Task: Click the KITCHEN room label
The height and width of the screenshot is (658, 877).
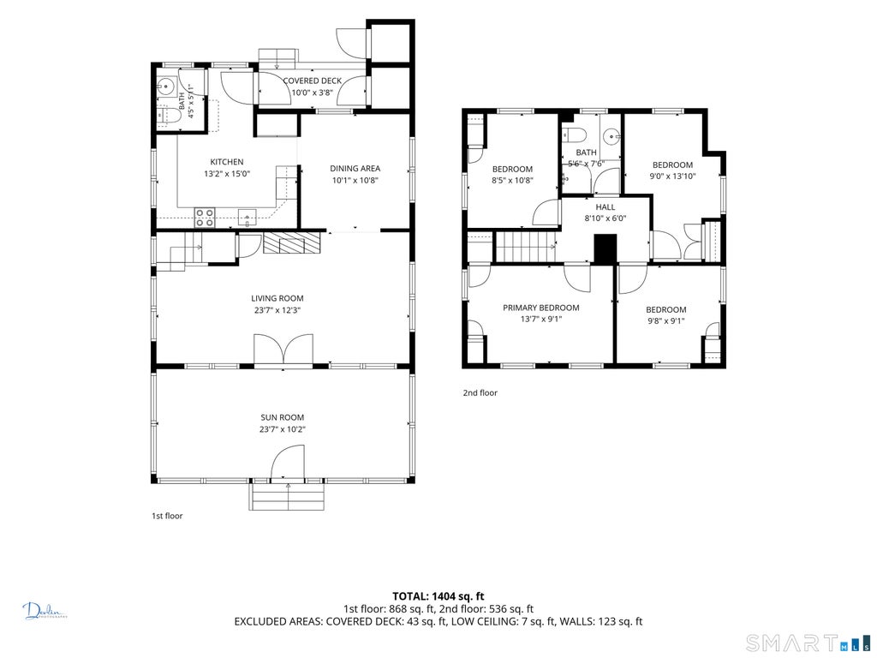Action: pos(226,162)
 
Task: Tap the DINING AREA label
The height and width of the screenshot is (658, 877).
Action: pos(355,169)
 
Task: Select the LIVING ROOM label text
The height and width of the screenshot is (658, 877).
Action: pos(277,298)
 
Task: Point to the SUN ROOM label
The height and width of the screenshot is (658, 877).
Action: pos(283,417)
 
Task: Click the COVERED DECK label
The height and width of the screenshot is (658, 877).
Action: pos(312,81)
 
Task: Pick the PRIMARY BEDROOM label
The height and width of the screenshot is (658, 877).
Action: pos(541,308)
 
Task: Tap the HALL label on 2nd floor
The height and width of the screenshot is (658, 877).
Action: pos(606,207)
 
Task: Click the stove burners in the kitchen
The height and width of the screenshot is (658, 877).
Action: pos(205,217)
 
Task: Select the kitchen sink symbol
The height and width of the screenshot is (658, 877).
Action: pos(247,217)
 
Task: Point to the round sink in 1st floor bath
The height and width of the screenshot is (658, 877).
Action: pos(165,87)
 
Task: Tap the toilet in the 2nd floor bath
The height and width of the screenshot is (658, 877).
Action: pos(575,135)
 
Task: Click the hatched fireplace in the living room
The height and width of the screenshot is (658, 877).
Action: pos(292,242)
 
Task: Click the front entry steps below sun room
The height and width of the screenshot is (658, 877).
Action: pos(287,496)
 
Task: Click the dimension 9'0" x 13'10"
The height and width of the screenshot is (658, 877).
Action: pos(672,176)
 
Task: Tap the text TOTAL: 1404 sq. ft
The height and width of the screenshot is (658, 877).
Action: pos(438,596)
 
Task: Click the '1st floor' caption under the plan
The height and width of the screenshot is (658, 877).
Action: pos(167,516)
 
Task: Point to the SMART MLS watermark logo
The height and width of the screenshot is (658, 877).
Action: pos(808,643)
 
